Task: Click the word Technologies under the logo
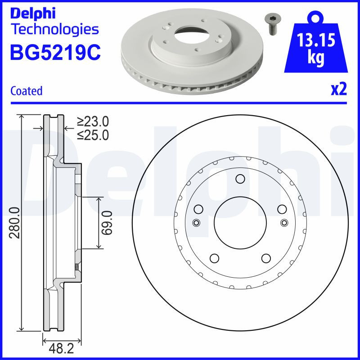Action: coord(54,30)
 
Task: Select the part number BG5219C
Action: coord(55,53)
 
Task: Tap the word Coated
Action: coord(26,91)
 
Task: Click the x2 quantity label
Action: coord(338,90)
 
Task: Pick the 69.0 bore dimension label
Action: coord(107,222)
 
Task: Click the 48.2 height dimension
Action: coord(62,349)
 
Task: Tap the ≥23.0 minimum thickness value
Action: coord(93,121)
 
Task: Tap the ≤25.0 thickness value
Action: coord(93,135)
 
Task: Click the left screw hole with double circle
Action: coord(196,222)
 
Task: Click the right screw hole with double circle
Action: coord(283,222)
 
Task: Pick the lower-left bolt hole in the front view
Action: coord(214,258)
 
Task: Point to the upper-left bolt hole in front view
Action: coord(198,209)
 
